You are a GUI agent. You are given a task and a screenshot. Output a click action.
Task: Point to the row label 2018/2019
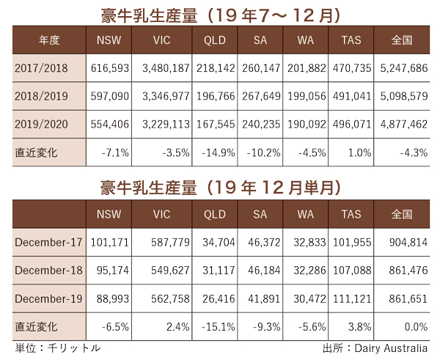click(x=42, y=97)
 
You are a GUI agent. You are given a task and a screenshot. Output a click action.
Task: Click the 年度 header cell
click(x=42, y=40)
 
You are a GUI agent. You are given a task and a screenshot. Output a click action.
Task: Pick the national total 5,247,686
click(x=400, y=68)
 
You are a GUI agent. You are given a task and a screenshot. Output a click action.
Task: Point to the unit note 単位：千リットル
click(x=57, y=348)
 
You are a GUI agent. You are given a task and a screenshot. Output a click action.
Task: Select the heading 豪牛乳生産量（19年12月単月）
click(x=219, y=187)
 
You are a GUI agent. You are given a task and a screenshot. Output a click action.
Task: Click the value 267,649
click(x=263, y=97)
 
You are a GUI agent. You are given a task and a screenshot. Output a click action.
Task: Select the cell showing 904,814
click(x=400, y=242)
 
